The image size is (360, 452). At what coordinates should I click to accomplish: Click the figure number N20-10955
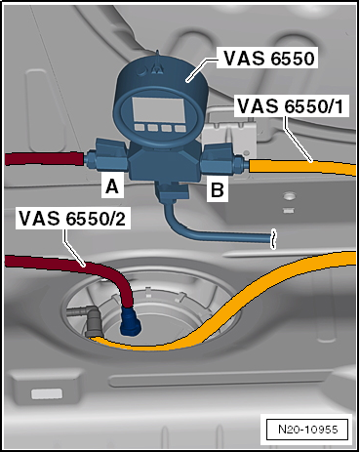[307, 427]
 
